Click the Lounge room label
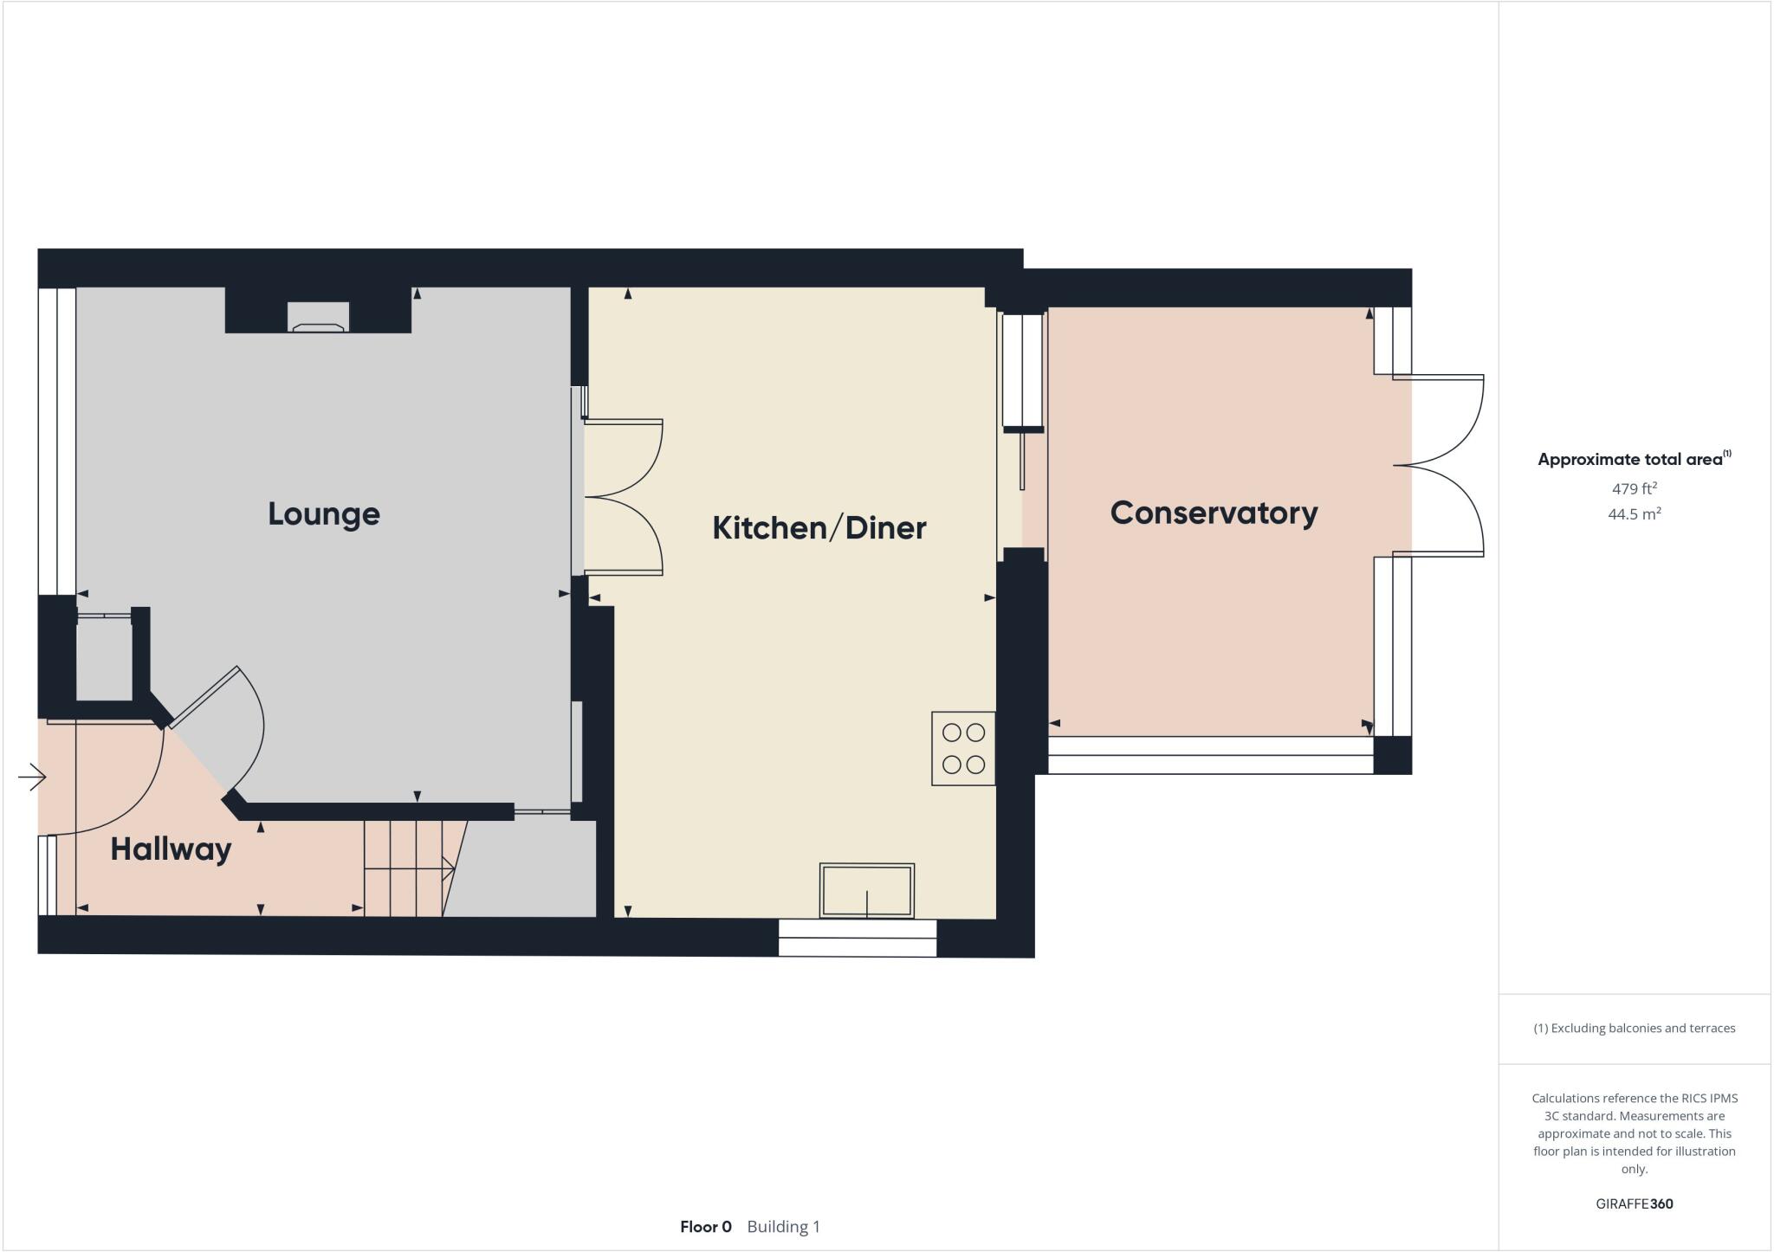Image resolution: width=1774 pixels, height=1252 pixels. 323,514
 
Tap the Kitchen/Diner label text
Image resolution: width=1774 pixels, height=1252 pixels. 819,528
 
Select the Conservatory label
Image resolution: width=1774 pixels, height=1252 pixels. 1214,513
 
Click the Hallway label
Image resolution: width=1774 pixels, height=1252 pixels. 171,849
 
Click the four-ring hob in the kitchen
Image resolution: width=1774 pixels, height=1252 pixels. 962,748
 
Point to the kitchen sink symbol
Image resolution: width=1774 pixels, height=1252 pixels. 866,890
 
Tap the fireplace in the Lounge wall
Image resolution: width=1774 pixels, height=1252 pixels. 318,317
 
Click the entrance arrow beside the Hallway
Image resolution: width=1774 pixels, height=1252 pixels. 31,777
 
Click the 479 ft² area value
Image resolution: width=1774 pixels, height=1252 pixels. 1634,488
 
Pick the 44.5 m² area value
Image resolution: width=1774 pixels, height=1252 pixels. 1634,514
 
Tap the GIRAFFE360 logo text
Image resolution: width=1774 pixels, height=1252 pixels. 1634,1204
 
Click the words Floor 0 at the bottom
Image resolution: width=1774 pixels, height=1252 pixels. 705,1227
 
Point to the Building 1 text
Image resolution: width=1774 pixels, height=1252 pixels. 783,1227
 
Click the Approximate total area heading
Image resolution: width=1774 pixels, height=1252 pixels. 1629,460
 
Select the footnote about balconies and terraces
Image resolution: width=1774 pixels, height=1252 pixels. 1634,1029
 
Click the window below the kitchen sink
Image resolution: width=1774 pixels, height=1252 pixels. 857,938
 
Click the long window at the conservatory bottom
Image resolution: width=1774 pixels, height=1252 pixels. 1209,755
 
